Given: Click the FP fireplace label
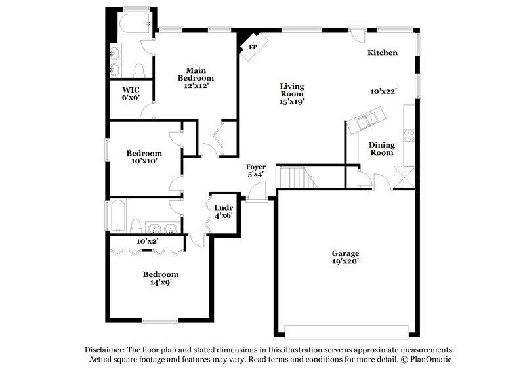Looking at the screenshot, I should (x=253, y=47).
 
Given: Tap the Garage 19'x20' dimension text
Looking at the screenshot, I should (x=345, y=261).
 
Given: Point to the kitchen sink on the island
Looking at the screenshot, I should (x=366, y=119).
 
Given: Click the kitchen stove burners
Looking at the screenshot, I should (x=409, y=136).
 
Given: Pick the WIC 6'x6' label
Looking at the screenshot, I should (x=131, y=93).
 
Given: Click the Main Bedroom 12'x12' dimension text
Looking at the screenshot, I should (x=196, y=85).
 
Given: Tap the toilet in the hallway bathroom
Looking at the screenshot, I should (x=136, y=226).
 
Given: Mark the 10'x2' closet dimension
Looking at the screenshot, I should (x=148, y=241).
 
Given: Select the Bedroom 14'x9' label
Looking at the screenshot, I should (x=161, y=278).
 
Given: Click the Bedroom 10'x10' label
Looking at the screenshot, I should (x=144, y=156).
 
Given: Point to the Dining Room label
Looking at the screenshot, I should (x=381, y=148).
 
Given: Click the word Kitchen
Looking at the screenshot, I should (x=382, y=53).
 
